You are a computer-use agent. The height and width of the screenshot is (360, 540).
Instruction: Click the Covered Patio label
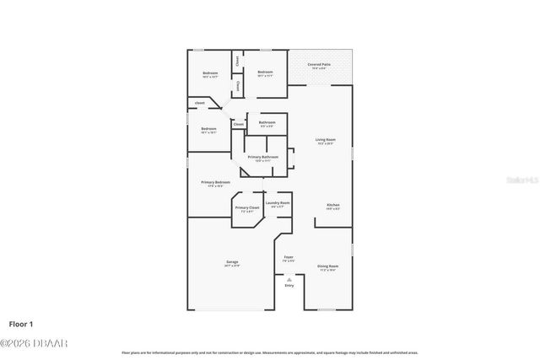(x=319, y=65)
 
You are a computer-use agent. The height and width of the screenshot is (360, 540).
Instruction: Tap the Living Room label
(x=326, y=140)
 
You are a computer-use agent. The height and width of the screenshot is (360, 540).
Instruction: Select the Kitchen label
(x=333, y=206)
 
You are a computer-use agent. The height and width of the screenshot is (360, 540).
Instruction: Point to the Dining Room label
(x=327, y=267)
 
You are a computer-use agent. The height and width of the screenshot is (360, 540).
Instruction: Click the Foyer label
(x=289, y=257)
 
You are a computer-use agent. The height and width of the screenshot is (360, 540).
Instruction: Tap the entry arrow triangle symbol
(x=289, y=278)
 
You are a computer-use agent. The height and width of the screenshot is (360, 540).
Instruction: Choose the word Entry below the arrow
(x=289, y=286)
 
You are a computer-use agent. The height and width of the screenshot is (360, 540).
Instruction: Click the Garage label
(x=232, y=263)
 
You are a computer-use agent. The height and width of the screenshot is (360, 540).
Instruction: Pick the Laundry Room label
(x=278, y=203)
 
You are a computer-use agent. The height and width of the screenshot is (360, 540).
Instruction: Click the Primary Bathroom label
(x=263, y=157)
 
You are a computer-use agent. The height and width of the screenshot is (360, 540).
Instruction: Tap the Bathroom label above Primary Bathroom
(x=267, y=123)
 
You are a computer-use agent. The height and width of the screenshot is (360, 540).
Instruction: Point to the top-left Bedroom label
(x=210, y=74)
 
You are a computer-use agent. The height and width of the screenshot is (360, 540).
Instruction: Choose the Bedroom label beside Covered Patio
(x=266, y=73)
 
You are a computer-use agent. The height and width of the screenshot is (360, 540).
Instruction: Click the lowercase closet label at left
(x=200, y=103)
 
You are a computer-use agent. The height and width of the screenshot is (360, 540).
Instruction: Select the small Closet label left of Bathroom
(x=239, y=125)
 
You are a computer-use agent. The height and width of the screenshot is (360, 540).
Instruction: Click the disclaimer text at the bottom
(x=270, y=352)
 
